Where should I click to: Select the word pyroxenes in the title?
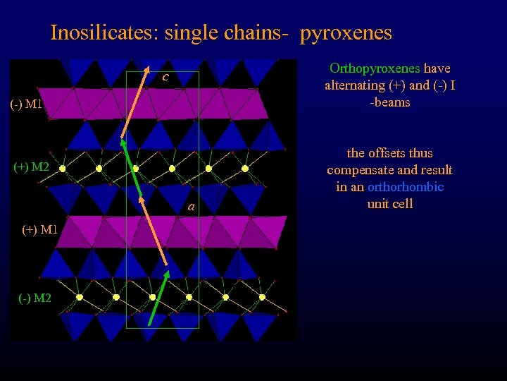(346, 33)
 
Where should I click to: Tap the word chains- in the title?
(257, 33)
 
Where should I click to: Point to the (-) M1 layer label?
(27, 105)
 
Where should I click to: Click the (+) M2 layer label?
(32, 167)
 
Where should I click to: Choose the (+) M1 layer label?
(32, 229)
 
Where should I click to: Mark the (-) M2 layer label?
(34, 298)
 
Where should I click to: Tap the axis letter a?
(191, 207)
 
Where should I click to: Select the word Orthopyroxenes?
(375, 68)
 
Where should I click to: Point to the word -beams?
(390, 102)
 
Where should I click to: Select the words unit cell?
(389, 204)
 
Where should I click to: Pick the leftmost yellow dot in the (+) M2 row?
(63, 169)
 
